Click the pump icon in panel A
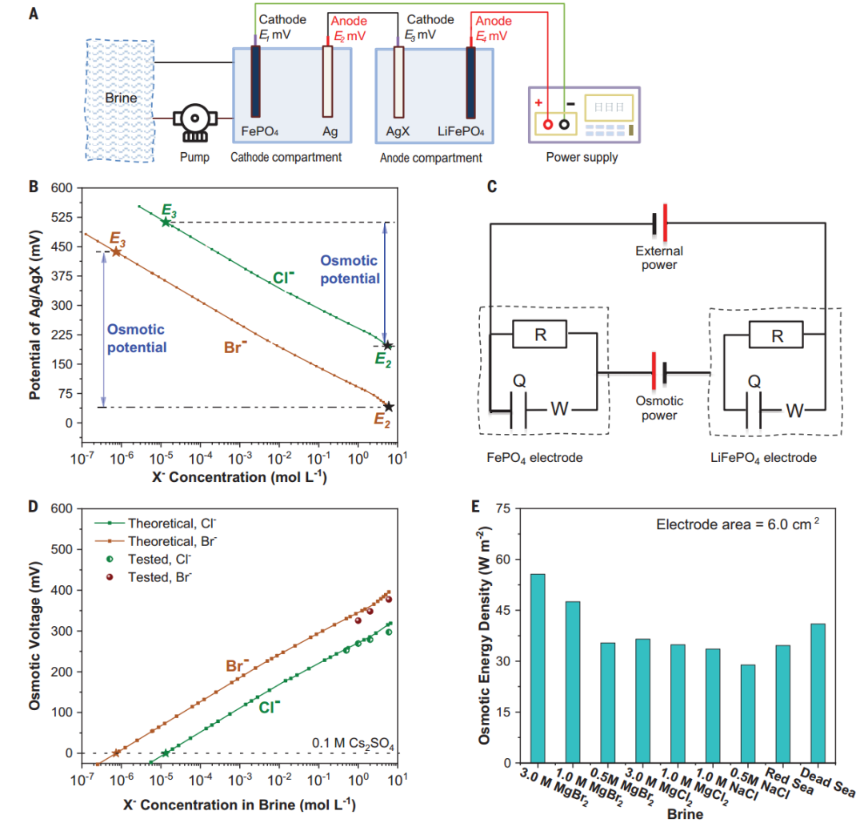tap(194, 121)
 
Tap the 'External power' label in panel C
tap(660, 257)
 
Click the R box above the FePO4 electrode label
tap(540, 335)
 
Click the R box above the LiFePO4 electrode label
tap(776, 335)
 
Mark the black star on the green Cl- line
tap(387, 345)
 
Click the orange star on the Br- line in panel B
tap(116, 252)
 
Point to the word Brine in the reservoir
tap(121, 98)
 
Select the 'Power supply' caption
tap(582, 157)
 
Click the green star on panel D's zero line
tap(166, 753)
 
